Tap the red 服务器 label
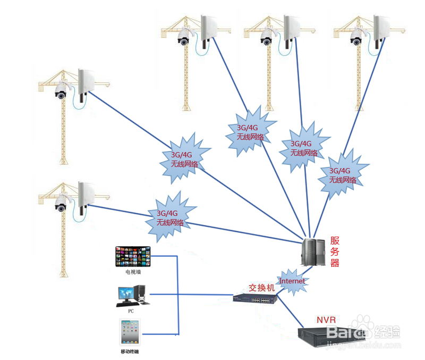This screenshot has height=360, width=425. pos(335,252)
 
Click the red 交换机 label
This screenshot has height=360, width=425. pos(262,287)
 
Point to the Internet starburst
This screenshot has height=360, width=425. pos(293,281)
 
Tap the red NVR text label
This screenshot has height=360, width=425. pos(327,320)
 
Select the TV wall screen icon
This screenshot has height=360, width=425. pos(133,256)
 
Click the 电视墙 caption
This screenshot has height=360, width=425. pos(133,272)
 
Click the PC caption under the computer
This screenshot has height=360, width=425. pos(131,311)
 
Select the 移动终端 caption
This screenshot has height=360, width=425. pos(131,351)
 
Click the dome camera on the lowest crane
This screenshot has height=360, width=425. pos(61,205)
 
